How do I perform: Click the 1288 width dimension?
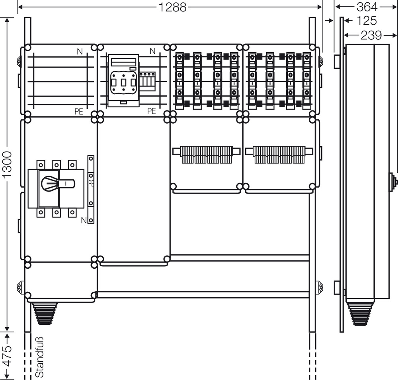[x=172, y=7]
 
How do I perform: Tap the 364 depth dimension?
[x=367, y=7]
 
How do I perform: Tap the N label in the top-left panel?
[x=80, y=51]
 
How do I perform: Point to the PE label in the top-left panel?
[x=79, y=112]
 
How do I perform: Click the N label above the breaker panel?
[x=152, y=51]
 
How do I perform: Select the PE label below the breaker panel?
[x=151, y=111]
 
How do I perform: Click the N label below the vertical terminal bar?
[x=84, y=220]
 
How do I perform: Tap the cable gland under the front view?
[x=44, y=314]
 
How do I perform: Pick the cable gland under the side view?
[x=360, y=314]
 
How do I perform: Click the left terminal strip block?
[x=207, y=154]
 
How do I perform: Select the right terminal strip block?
[x=279, y=154]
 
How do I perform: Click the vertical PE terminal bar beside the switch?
[x=91, y=189]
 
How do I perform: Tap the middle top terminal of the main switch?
[x=57, y=165]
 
